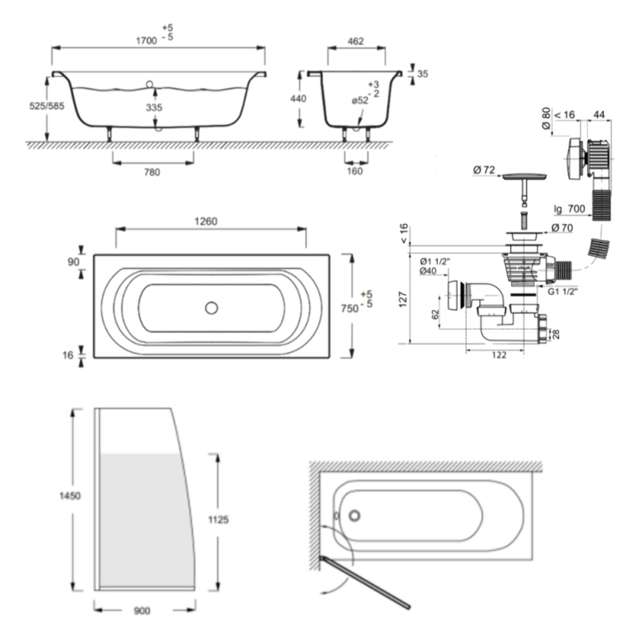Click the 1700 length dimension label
coord(147,41)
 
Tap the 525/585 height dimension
coord(47,106)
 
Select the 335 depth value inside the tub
coord(154,107)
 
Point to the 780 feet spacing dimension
coord(152,172)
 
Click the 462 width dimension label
coord(355,41)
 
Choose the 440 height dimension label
coord(298,99)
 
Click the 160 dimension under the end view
coord(355,171)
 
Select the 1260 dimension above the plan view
coord(205,222)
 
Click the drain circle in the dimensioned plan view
coord(211,308)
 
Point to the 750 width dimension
coord(349,308)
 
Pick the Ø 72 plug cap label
coord(484,170)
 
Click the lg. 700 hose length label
coord(569,209)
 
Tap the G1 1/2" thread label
coord(563,292)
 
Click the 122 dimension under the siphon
coord(499,355)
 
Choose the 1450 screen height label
coord(70,496)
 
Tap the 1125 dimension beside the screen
coord(218,520)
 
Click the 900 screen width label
coord(142,611)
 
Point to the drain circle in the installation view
coord(354,516)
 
